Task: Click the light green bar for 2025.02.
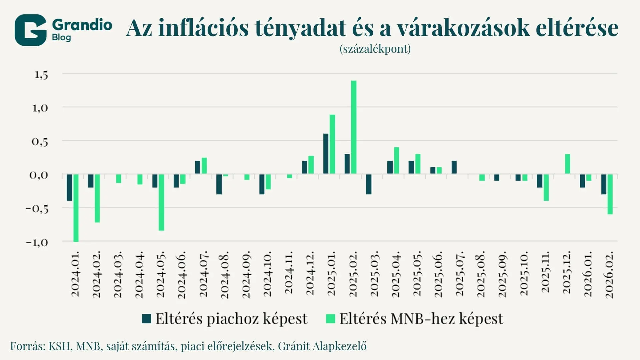(354, 127)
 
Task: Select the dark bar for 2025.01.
(326, 154)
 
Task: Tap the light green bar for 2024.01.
(76, 208)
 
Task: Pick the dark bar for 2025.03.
(368, 184)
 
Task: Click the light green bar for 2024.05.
(161, 202)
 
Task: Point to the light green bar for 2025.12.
(567, 164)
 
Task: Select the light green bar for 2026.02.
(610, 194)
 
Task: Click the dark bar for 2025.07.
(454, 167)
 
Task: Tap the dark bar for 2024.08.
(219, 184)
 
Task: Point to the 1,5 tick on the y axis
(41, 75)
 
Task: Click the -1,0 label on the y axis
(37, 242)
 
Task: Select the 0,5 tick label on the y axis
(40, 142)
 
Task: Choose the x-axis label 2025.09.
(502, 274)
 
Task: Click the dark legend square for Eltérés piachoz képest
(146, 319)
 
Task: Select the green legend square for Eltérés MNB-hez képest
(330, 319)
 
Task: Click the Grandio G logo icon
(30, 30)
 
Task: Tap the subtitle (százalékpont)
(375, 49)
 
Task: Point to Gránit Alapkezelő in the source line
(322, 346)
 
